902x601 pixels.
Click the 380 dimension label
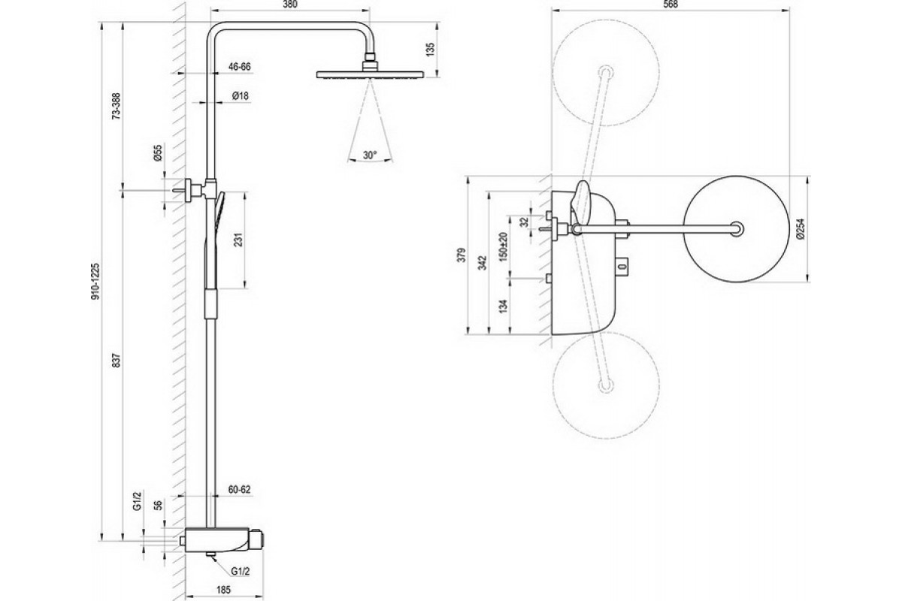click(x=290, y=5)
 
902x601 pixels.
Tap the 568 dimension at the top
click(x=670, y=5)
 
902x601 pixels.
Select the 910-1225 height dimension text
click(x=96, y=282)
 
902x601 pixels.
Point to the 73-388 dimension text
click(x=117, y=106)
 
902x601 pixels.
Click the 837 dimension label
click(x=117, y=361)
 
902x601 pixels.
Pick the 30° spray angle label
click(x=370, y=155)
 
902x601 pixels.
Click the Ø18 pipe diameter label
click(x=241, y=96)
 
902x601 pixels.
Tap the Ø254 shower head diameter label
click(x=800, y=228)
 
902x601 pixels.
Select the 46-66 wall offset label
click(x=240, y=66)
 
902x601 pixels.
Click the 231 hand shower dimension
click(x=239, y=240)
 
